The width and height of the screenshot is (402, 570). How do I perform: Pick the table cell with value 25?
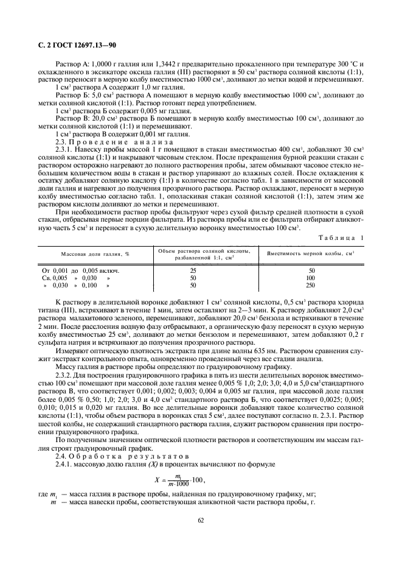[x=193, y=270]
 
